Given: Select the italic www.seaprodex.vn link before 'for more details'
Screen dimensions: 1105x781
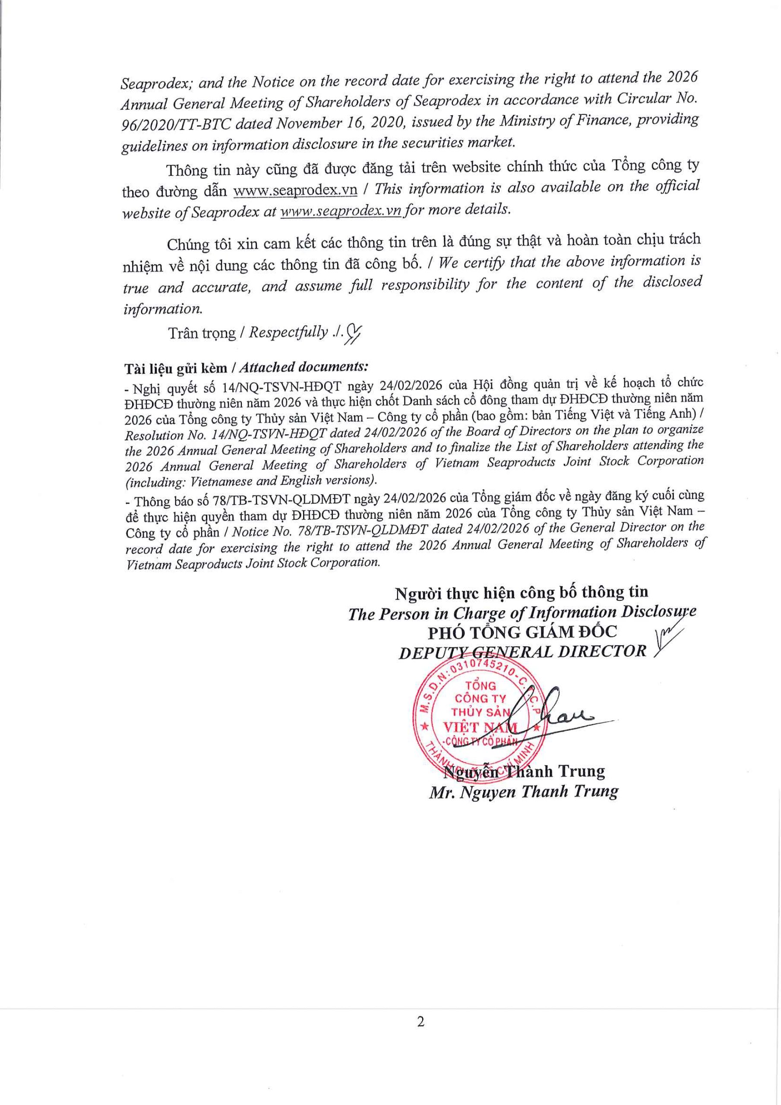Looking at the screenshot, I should pos(341,211).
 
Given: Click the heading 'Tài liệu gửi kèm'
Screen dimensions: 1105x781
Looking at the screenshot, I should pos(175,368).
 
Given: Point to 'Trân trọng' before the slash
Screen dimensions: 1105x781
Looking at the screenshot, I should pos(202,334).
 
